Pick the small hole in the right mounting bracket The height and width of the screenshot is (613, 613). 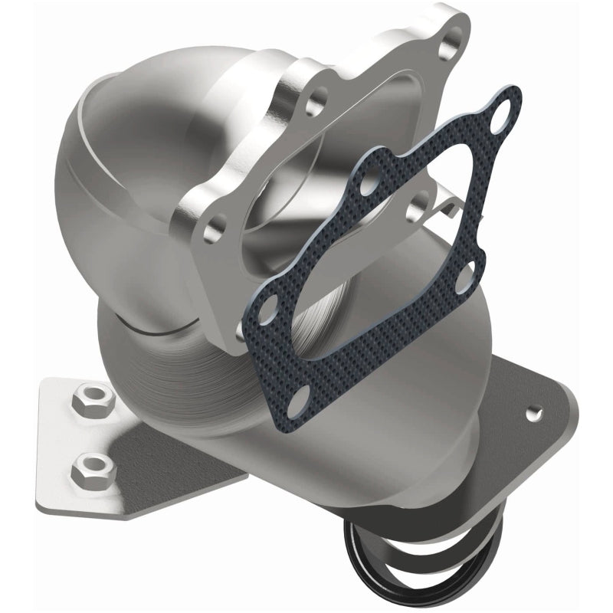click(528, 413)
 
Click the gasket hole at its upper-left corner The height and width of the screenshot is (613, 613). click(371, 185)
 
